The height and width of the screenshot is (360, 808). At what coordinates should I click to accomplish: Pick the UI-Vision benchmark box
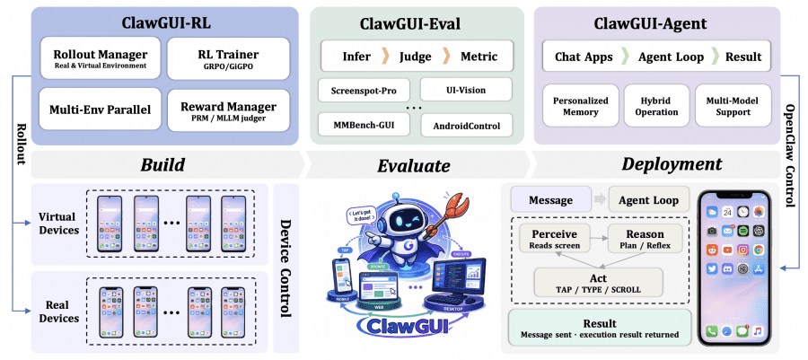tap(467, 90)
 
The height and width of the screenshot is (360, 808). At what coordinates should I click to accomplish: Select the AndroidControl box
tap(466, 125)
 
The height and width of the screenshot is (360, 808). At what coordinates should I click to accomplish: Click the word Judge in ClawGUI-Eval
tap(416, 56)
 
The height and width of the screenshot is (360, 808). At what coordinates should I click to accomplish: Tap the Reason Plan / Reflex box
tap(644, 240)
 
